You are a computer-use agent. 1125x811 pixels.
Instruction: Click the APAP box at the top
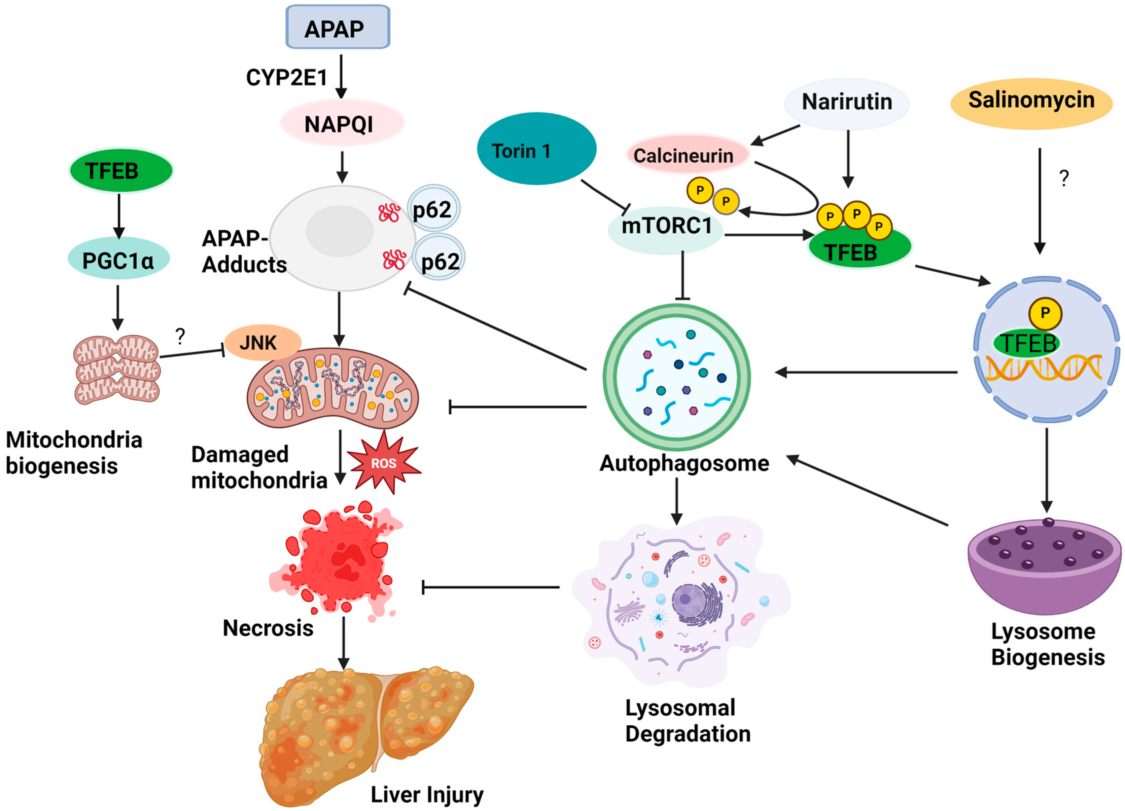click(x=337, y=27)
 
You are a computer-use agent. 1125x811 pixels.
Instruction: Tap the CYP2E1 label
click(x=287, y=77)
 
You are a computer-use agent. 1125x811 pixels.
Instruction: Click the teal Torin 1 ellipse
click(x=536, y=149)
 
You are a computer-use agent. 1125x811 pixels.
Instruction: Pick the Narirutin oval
click(x=847, y=103)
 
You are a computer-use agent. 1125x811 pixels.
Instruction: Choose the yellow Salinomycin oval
click(x=1031, y=102)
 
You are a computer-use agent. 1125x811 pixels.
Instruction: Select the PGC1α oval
click(x=118, y=260)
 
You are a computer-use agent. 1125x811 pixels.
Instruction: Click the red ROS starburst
click(x=383, y=463)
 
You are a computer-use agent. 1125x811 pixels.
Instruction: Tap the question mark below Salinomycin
click(x=1063, y=178)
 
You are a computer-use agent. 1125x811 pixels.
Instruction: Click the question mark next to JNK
click(x=180, y=336)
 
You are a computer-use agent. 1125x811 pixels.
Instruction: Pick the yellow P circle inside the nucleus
click(x=1045, y=313)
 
